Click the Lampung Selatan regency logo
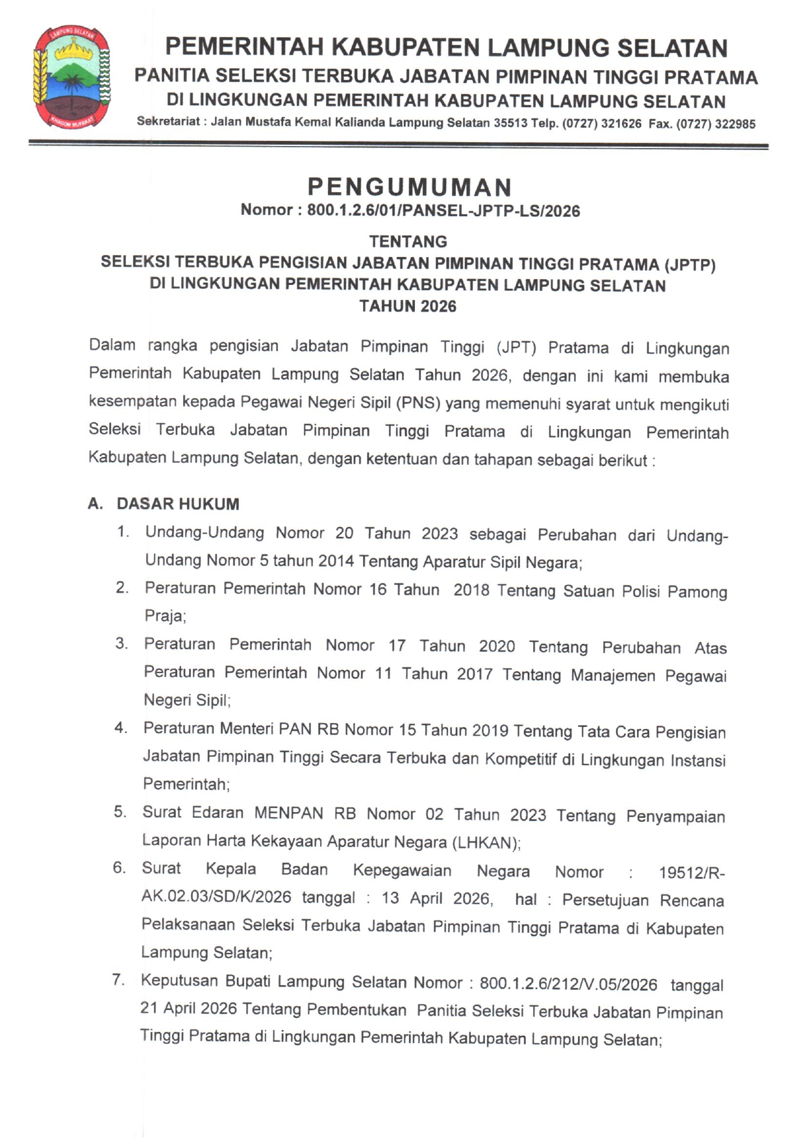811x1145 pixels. [71, 77]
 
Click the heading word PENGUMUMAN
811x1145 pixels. [410, 187]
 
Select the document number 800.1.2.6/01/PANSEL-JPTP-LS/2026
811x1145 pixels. [443, 211]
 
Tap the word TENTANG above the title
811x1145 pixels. [408, 241]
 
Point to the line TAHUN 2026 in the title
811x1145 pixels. [408, 306]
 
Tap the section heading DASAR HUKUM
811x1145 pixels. [178, 504]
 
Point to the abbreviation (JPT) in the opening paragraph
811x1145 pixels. [516, 347]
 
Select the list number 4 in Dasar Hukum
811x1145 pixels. [121, 728]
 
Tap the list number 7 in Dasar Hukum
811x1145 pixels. [118, 980]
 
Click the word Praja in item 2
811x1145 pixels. [165, 616]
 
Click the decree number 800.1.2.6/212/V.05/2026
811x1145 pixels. [568, 984]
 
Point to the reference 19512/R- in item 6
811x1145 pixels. [692, 873]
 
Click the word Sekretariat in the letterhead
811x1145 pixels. [168, 121]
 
